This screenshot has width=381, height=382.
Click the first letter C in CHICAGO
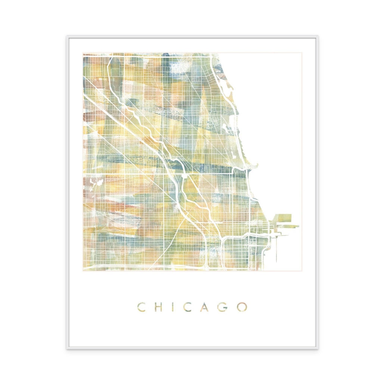coord(141,307)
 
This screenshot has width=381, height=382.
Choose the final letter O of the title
coord(243,307)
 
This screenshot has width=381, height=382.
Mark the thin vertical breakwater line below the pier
coord(277,248)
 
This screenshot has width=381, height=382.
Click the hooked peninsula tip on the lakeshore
coord(255,164)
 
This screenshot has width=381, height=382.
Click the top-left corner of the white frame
coord(68,37)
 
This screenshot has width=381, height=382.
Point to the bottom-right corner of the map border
coord(302,271)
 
